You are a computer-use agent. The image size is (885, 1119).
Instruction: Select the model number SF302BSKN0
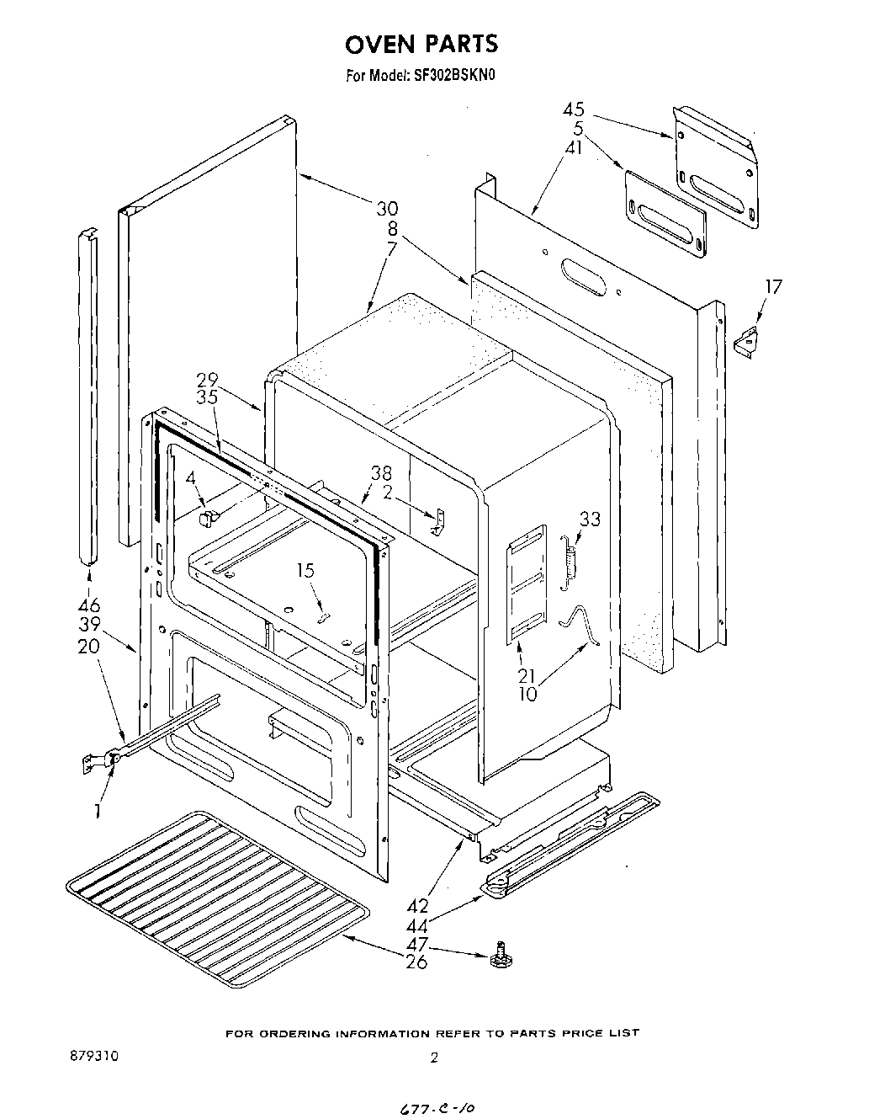[x=454, y=75]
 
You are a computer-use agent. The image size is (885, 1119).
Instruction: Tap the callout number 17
[x=771, y=287]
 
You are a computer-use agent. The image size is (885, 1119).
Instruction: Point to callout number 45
[x=575, y=110]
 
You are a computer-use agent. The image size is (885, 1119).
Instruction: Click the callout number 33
[x=590, y=519]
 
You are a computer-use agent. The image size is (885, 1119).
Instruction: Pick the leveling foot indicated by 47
[x=501, y=956]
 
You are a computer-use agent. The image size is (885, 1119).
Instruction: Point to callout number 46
[x=89, y=605]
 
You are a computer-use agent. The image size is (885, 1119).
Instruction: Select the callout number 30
[x=387, y=208]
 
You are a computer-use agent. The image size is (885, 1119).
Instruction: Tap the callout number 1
[x=98, y=811]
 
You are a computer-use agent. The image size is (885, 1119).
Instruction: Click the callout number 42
[x=417, y=906]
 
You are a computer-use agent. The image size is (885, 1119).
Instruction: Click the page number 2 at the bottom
[x=434, y=1059]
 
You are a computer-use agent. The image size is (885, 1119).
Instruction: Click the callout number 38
[x=381, y=473]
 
